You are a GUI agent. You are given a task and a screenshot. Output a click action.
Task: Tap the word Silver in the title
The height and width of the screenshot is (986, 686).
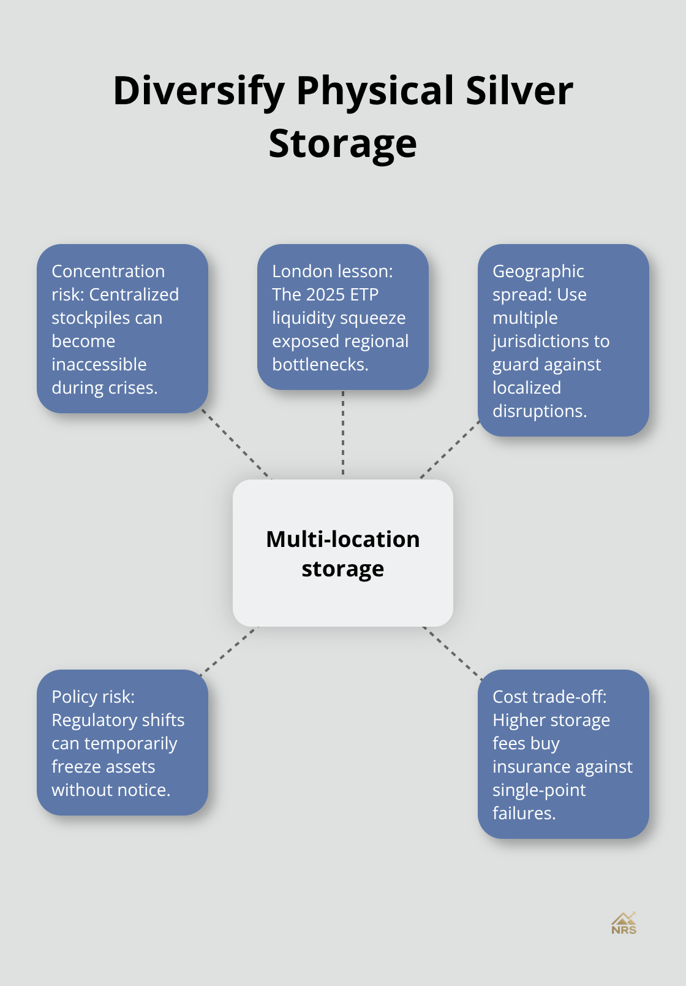click(x=519, y=90)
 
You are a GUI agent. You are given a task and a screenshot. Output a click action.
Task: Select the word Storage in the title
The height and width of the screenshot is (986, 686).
click(x=342, y=143)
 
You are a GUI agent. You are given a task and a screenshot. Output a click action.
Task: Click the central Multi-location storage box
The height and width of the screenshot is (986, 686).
click(x=342, y=553)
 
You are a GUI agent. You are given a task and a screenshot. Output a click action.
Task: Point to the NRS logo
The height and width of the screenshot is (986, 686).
click(x=624, y=923)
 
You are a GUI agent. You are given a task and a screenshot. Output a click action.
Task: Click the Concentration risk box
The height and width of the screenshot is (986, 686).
click(x=123, y=329)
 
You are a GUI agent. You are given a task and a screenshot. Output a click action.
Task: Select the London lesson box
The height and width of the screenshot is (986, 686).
click(x=342, y=317)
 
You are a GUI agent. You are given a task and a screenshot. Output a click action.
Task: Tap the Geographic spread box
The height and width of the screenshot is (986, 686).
click(x=563, y=340)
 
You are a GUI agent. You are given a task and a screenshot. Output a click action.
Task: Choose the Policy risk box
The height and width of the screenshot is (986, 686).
click(x=123, y=743)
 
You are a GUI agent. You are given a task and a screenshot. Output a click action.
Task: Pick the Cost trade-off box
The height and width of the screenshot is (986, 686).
click(x=563, y=754)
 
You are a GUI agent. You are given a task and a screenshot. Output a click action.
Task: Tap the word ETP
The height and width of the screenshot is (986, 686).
click(x=364, y=295)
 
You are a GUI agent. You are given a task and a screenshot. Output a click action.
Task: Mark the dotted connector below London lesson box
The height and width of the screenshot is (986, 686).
click(x=343, y=434)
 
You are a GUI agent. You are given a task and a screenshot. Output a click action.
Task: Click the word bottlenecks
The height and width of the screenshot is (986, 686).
click(x=320, y=365)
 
